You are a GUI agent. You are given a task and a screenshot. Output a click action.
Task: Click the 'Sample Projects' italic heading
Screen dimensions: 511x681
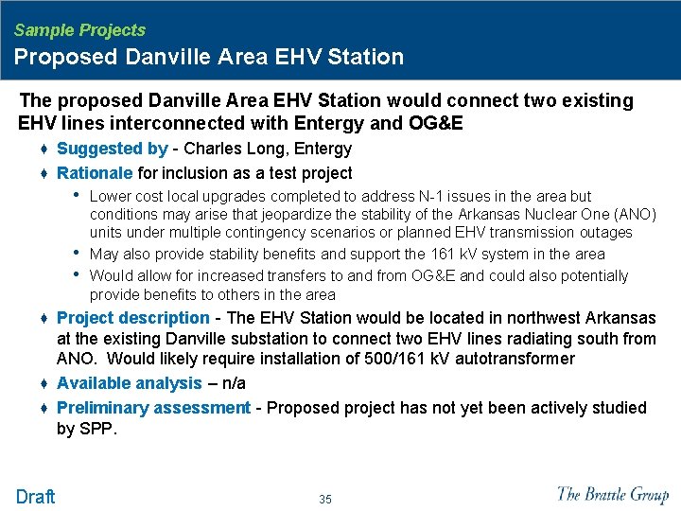tap(79, 30)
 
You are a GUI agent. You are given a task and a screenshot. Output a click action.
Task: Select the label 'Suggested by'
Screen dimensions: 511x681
tap(112, 149)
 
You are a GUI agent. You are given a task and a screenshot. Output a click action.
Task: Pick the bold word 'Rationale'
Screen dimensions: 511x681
tap(95, 173)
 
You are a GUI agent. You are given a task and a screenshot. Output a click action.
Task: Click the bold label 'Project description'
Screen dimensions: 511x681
tap(133, 318)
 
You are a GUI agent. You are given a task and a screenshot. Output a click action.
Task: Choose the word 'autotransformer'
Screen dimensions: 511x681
tap(510, 359)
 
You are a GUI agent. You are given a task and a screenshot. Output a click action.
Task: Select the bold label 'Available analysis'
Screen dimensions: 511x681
tap(130, 383)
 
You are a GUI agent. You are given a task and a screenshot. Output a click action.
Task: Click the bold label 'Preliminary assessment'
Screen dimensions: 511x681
tap(153, 408)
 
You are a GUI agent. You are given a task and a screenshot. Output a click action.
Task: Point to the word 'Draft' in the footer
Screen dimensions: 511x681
tap(36, 496)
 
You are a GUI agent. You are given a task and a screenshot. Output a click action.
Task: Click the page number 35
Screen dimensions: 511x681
tap(325, 499)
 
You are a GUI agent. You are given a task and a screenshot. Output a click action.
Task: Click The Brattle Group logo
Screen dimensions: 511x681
tap(613, 494)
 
